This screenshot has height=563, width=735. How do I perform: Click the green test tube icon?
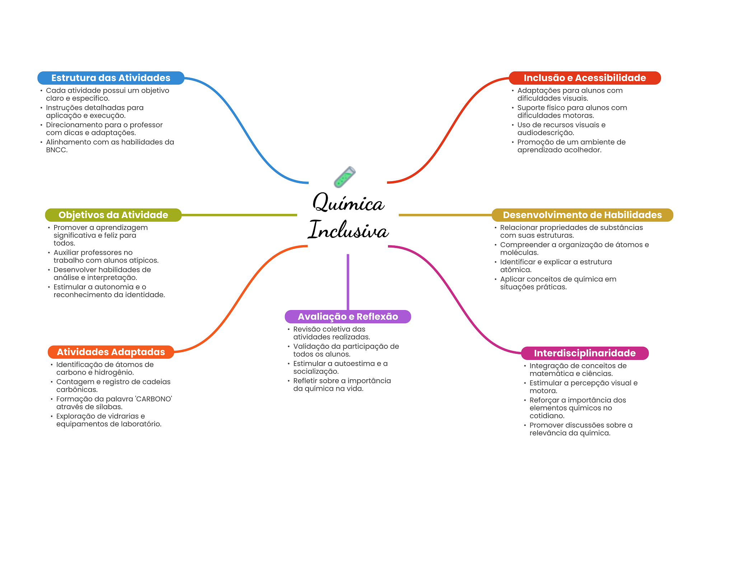[345, 177]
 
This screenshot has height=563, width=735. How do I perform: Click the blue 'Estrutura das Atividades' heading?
[111, 78]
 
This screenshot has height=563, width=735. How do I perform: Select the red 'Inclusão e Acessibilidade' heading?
[585, 78]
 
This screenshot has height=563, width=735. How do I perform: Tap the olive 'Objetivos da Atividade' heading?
[113, 215]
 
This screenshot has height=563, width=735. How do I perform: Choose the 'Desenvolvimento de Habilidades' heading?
[582, 215]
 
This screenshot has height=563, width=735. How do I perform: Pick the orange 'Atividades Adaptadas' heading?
[111, 352]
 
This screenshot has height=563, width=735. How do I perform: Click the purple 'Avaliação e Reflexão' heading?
[348, 316]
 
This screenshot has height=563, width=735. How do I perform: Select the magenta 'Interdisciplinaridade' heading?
[585, 353]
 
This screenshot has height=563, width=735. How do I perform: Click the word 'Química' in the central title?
[348, 203]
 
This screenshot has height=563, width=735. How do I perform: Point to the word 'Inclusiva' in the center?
[348, 230]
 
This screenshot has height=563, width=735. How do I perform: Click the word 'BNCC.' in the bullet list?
[57, 150]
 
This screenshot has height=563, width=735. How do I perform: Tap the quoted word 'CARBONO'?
[154, 399]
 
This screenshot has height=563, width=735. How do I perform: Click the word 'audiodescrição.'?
[546, 133]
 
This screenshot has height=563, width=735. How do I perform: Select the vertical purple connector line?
[348, 282]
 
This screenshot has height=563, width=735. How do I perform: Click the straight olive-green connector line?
[239, 215]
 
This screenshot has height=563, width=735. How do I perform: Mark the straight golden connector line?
[445, 215]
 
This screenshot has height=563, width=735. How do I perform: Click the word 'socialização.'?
[316, 371]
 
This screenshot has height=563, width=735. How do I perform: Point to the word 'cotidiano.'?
[547, 416]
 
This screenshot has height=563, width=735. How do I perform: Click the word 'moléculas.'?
[519, 253]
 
